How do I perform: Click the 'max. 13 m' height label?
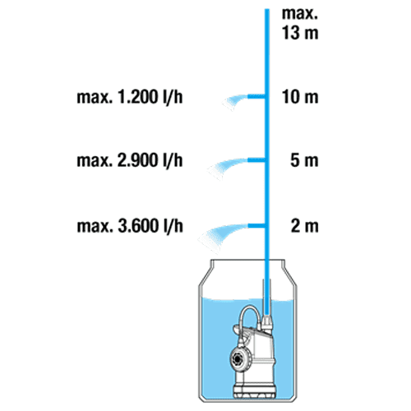(x=300, y=24)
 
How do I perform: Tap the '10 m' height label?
(x=300, y=97)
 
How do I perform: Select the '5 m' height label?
(x=304, y=160)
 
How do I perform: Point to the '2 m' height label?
(x=305, y=226)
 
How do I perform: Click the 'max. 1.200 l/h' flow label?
(x=130, y=97)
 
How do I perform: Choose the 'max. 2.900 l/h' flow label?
(x=130, y=160)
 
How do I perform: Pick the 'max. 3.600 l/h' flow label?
(x=130, y=226)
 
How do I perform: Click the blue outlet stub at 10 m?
(x=256, y=96)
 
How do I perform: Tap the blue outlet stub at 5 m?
(x=256, y=159)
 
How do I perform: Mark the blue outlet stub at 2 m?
(x=256, y=226)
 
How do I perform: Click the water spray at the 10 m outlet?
(x=234, y=101)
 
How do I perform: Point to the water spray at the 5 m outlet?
(x=226, y=166)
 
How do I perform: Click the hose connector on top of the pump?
(x=266, y=322)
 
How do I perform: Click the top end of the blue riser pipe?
(x=267, y=9)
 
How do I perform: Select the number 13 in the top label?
(x=290, y=33)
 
